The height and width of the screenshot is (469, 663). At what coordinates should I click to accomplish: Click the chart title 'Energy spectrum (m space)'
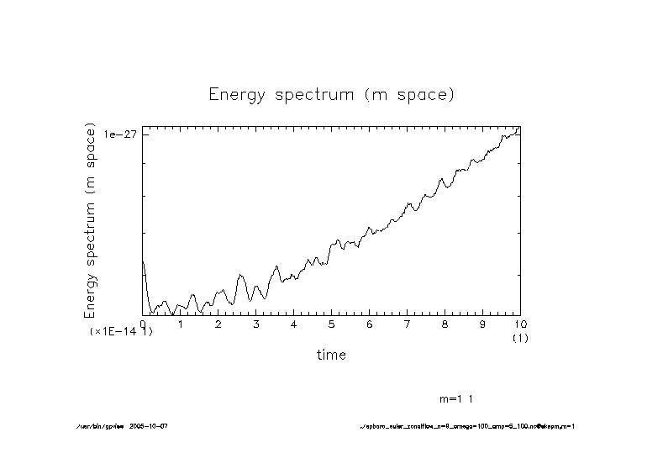(x=331, y=94)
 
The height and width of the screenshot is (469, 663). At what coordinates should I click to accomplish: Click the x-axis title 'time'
(x=331, y=355)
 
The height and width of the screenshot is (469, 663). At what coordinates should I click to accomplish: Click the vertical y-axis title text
(x=90, y=220)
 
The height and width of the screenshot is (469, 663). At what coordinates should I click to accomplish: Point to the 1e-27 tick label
(x=120, y=134)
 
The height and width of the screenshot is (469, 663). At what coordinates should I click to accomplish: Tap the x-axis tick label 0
(x=143, y=324)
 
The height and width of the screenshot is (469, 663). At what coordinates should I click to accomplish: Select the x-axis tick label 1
(x=181, y=324)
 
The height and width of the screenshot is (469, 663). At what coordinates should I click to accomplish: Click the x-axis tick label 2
(x=218, y=324)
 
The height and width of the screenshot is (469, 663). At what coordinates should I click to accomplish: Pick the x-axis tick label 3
(x=256, y=324)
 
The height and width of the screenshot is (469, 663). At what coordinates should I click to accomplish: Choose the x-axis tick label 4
(x=294, y=324)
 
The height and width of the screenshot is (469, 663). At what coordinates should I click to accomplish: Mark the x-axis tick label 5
(x=332, y=324)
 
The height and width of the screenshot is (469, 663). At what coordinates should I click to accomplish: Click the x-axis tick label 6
(x=370, y=324)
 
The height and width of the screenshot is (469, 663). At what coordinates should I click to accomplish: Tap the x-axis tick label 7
(x=408, y=324)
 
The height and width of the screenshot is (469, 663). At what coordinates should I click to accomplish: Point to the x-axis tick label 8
(x=445, y=324)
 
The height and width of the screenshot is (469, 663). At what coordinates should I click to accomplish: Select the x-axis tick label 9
(x=482, y=324)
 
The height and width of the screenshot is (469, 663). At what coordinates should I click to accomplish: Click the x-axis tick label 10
(x=519, y=324)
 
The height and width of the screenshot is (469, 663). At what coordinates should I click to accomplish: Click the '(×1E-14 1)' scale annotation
(x=121, y=332)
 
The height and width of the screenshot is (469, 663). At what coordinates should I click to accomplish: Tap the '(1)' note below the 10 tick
(x=519, y=337)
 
